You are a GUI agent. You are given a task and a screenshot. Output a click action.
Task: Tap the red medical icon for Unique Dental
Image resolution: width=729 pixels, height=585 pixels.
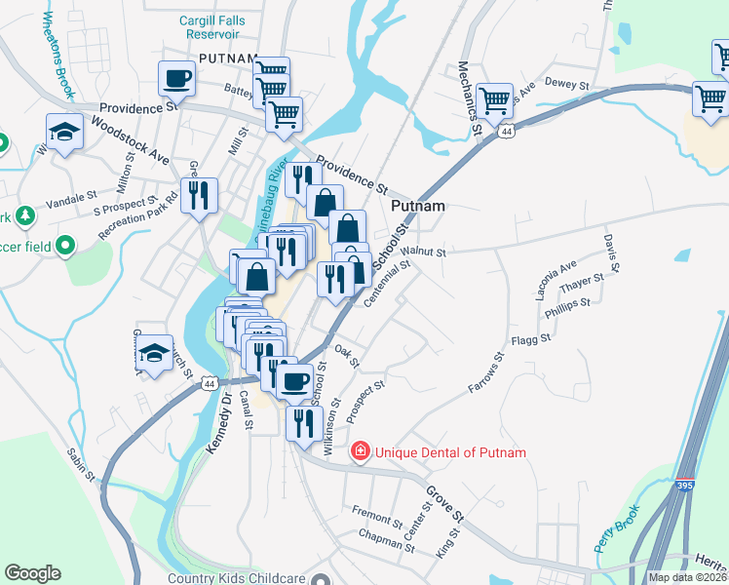361,451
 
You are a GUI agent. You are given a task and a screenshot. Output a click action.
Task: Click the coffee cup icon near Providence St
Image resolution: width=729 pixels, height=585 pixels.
176,77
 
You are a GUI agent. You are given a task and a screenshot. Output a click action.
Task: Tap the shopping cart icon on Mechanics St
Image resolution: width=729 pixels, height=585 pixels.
495,98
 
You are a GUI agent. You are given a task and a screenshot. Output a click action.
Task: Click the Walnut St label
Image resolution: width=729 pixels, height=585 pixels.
427,253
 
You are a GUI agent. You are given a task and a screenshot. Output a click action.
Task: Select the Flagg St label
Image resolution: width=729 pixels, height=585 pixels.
531,339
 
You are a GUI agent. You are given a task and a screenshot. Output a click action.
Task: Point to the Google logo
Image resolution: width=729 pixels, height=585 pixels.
32,573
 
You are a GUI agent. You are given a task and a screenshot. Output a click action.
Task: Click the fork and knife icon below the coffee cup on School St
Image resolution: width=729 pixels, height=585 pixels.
304,422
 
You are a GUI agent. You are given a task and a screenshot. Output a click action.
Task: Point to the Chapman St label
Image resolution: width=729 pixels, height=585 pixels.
387,541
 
